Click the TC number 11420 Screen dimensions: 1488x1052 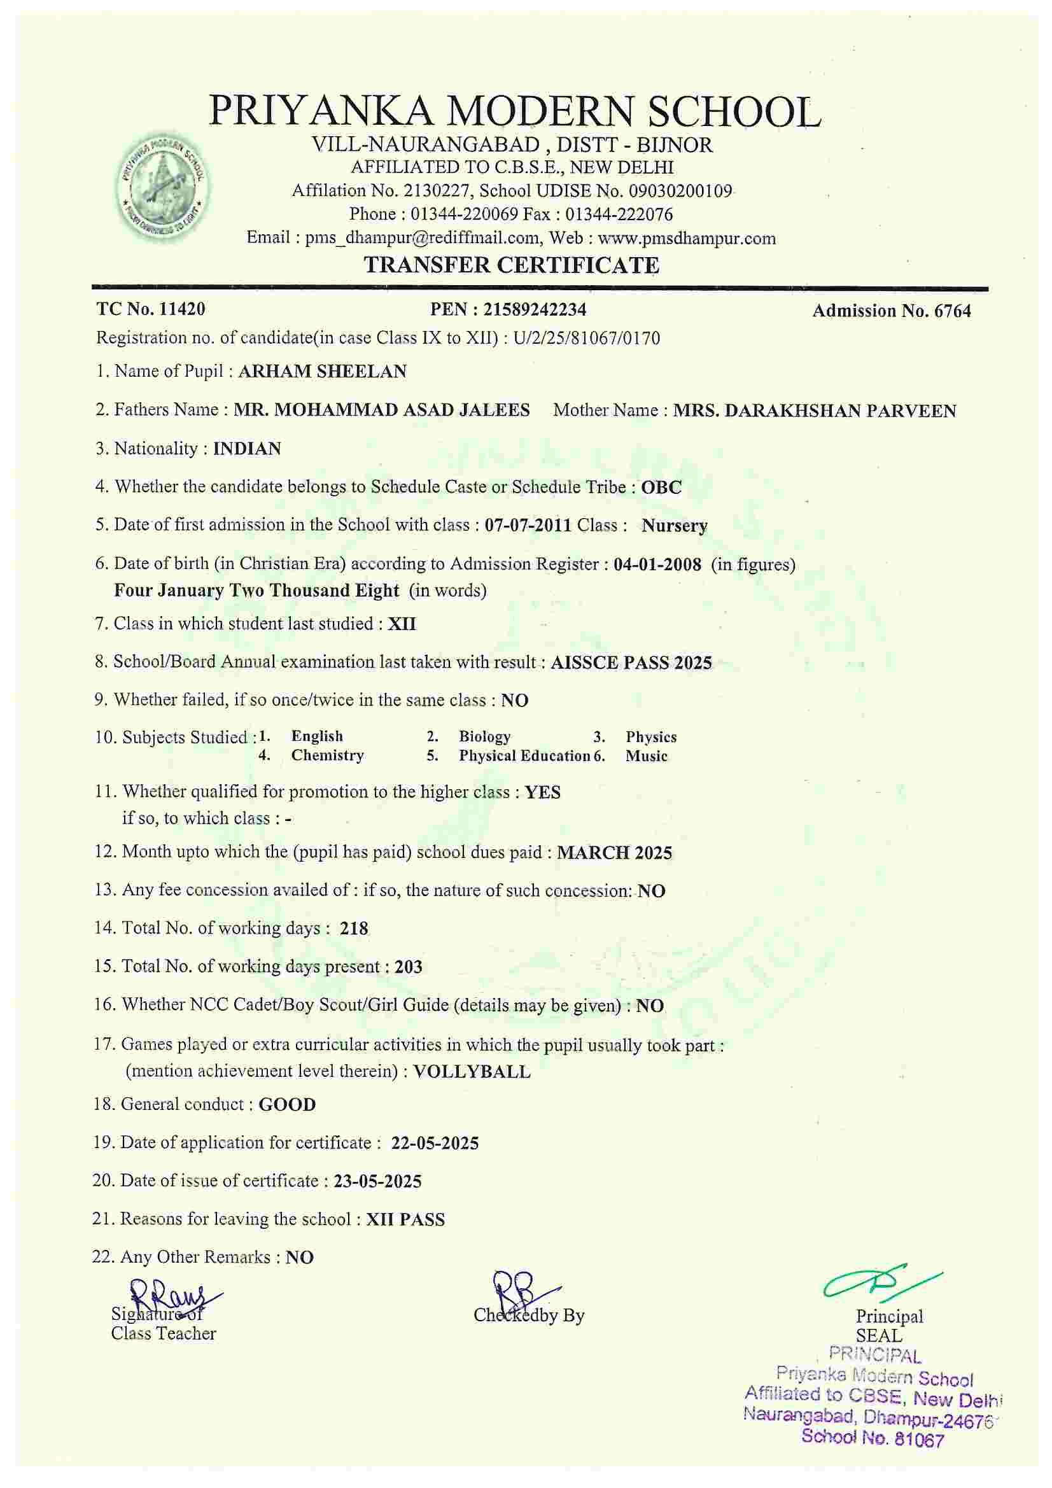click(x=182, y=309)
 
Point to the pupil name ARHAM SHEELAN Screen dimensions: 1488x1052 click(x=322, y=371)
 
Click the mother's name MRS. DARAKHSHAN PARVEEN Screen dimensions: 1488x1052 click(x=814, y=411)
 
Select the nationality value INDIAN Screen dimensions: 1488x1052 click(x=247, y=449)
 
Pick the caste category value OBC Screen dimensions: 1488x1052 click(x=661, y=487)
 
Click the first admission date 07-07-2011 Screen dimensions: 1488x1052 click(x=528, y=525)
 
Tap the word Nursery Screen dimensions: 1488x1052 click(x=674, y=526)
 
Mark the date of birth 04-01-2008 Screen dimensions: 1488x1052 click(x=657, y=564)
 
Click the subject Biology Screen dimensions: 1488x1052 click(x=485, y=736)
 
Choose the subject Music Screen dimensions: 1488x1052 click(x=646, y=755)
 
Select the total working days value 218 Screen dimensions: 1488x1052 click(x=354, y=928)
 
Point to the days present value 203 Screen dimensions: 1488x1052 click(x=409, y=967)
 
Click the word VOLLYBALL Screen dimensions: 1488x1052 click(x=471, y=1071)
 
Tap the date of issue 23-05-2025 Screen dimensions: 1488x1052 click(x=377, y=1181)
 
